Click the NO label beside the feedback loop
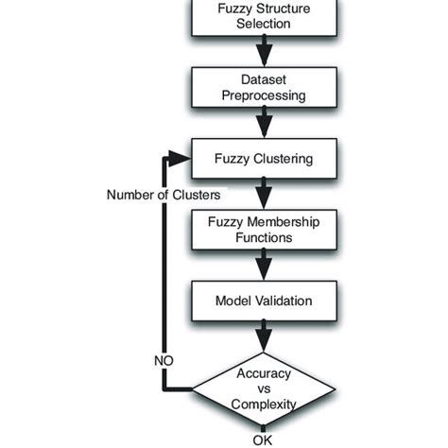click(x=162, y=360)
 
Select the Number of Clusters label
click(x=164, y=195)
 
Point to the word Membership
click(x=280, y=222)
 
